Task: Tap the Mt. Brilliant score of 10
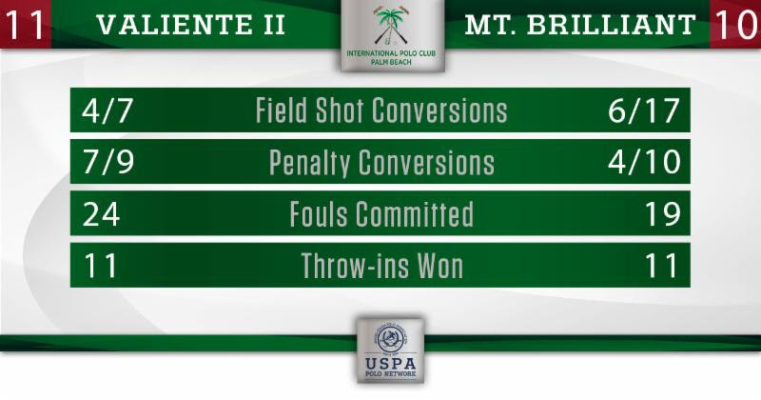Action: (x=735, y=24)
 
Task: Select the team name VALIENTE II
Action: (x=191, y=25)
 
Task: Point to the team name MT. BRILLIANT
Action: (x=580, y=25)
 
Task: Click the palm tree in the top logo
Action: (x=391, y=26)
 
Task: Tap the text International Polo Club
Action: (x=391, y=53)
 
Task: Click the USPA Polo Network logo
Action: (x=391, y=350)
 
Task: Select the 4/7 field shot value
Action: (x=107, y=110)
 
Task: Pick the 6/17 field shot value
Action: (x=644, y=110)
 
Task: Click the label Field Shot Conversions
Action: (x=381, y=110)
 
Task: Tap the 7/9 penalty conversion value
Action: (x=107, y=162)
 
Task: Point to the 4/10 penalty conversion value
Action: (x=644, y=162)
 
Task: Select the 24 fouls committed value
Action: (x=101, y=214)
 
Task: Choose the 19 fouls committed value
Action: (x=662, y=214)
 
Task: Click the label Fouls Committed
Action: (x=381, y=214)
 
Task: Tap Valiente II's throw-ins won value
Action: (x=101, y=266)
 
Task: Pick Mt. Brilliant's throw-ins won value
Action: (x=661, y=266)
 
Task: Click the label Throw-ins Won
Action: (x=382, y=266)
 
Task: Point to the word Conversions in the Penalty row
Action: (x=426, y=162)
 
